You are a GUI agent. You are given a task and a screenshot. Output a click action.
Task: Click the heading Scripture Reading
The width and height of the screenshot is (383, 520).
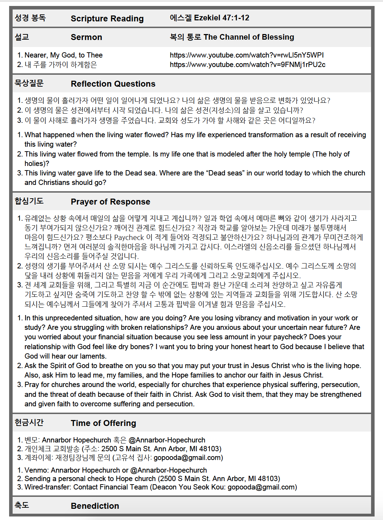107,19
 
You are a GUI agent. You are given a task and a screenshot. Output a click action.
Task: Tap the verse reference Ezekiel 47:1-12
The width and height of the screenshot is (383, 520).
221,18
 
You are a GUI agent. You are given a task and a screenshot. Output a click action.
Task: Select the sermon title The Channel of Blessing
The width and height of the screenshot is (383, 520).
249,37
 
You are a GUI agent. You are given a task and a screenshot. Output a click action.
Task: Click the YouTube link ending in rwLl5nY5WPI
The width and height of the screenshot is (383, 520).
247,55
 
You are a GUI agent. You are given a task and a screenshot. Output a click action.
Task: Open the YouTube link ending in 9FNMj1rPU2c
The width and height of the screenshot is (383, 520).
247,65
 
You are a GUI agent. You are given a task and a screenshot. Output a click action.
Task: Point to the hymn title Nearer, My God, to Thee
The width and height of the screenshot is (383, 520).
63,55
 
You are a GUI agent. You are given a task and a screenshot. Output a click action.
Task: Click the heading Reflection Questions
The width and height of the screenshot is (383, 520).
113,84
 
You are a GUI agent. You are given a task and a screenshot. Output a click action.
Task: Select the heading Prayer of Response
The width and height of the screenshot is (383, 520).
110,202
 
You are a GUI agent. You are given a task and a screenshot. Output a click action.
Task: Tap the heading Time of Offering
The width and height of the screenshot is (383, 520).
103,423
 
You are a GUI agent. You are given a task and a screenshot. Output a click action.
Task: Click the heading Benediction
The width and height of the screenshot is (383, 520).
95,506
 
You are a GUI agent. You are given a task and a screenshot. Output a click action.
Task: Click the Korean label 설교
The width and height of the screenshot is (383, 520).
22,37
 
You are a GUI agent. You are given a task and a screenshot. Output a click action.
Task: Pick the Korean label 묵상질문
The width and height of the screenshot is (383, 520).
29,84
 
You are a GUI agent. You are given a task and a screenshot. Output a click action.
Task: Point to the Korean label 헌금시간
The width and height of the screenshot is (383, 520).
29,422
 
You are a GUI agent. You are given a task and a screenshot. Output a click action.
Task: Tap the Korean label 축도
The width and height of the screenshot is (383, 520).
22,505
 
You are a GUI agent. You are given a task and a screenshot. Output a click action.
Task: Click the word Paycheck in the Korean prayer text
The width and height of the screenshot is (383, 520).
129,238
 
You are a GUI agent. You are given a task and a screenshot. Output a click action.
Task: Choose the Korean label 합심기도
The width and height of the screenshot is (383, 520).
29,201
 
